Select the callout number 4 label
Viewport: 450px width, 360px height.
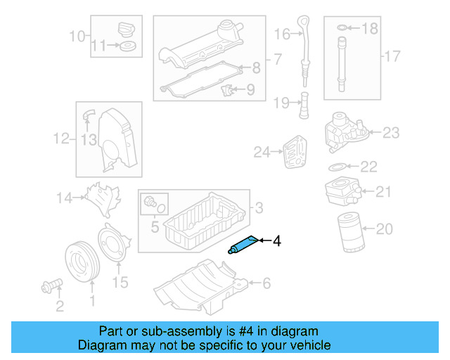(276, 241)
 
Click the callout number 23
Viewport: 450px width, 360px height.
(390, 131)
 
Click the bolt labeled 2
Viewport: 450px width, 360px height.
(51, 285)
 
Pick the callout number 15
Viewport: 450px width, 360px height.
(120, 283)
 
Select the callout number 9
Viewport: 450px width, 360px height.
(250, 89)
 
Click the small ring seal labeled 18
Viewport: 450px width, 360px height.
(341, 28)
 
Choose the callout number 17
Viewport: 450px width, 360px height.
(391, 55)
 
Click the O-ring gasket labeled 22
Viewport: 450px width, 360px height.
(337, 167)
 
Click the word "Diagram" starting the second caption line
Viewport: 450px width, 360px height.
(100, 345)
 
